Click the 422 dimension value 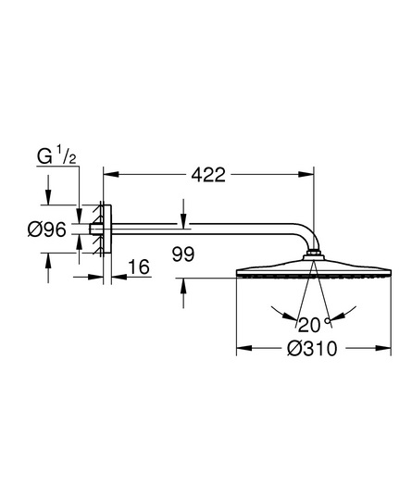pyautogui.click(x=208, y=175)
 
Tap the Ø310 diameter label pyautogui.click(x=312, y=349)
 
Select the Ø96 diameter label pyautogui.click(x=47, y=229)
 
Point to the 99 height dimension pyautogui.click(x=183, y=254)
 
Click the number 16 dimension pyautogui.click(x=139, y=267)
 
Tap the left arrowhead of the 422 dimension pyautogui.click(x=111, y=174)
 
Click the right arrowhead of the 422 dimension pyautogui.click(x=306, y=174)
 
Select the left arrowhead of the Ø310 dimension pyautogui.click(x=244, y=348)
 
